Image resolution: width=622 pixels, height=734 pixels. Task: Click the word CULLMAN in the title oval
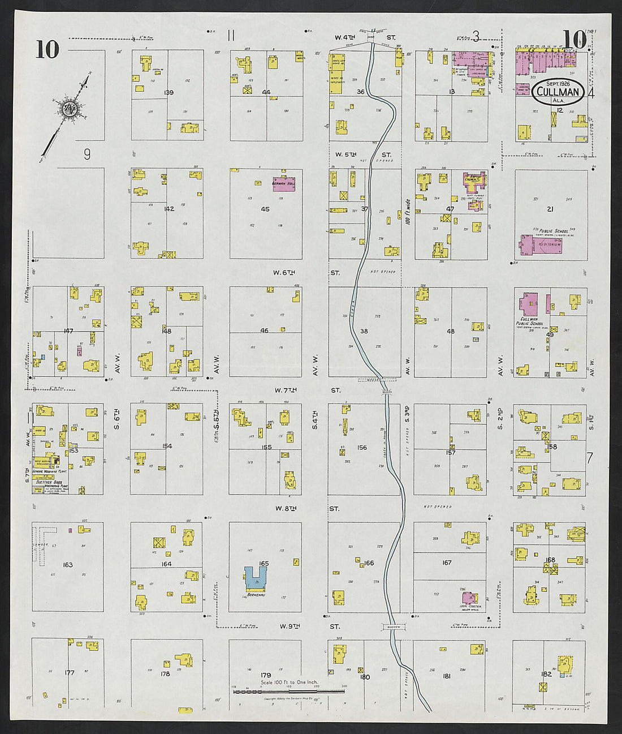(558, 92)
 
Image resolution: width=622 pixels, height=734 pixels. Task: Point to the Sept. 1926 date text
(558, 83)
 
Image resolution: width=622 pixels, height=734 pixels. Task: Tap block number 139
(168, 92)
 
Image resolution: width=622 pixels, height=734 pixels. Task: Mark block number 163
(68, 565)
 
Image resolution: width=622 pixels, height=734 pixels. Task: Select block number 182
(546, 674)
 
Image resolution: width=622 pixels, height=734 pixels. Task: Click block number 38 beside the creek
(364, 331)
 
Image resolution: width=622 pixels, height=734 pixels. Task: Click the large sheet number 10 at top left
(47, 50)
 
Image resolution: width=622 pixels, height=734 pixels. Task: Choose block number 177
(69, 673)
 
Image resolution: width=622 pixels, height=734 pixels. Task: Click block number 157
(450, 452)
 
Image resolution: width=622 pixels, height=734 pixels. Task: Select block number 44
(266, 92)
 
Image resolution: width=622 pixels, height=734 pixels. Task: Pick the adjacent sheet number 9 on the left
(87, 154)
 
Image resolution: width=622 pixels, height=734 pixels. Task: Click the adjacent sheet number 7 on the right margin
(591, 458)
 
